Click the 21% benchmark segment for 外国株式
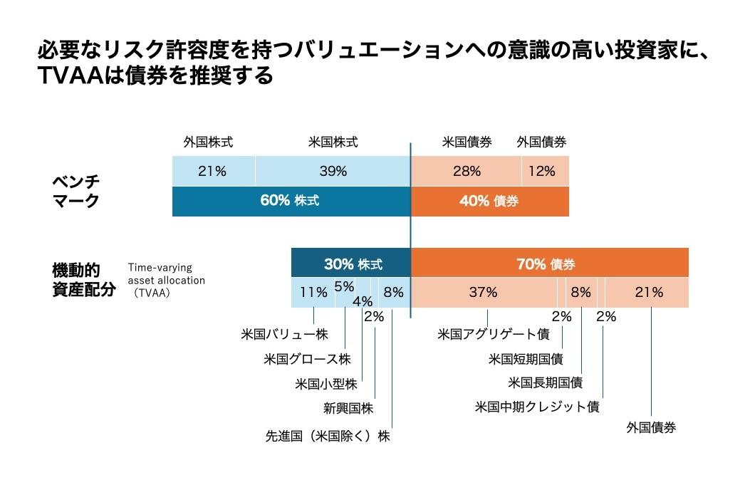(x=213, y=171)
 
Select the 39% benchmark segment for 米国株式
(x=333, y=171)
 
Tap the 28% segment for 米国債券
(x=467, y=171)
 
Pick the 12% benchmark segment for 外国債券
(x=546, y=171)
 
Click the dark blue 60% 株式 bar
(x=291, y=201)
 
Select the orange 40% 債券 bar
(x=489, y=201)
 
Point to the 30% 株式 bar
(x=352, y=264)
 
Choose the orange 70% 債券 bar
(x=549, y=264)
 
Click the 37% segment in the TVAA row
(x=484, y=292)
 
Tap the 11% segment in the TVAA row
(x=313, y=292)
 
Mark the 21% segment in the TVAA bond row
(x=648, y=292)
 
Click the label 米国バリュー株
(x=284, y=333)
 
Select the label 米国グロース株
(x=307, y=358)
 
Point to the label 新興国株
(x=348, y=408)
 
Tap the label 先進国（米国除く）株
(x=327, y=435)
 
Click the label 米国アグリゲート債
(x=493, y=333)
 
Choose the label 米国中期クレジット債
(x=536, y=407)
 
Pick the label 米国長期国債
(x=545, y=382)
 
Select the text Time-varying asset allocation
(x=166, y=274)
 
